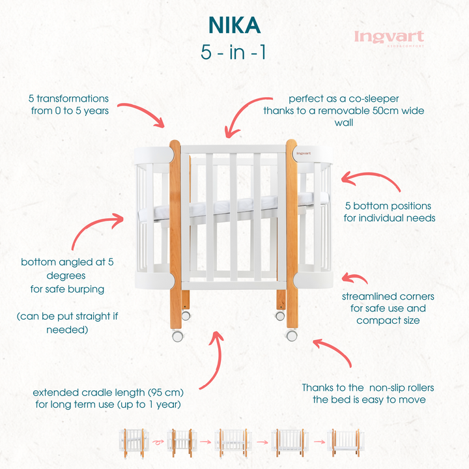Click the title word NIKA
(x=234, y=24)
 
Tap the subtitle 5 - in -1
(x=234, y=52)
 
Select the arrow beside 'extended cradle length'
(x=207, y=362)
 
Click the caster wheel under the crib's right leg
(x=292, y=335)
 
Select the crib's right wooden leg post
(x=292, y=234)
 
